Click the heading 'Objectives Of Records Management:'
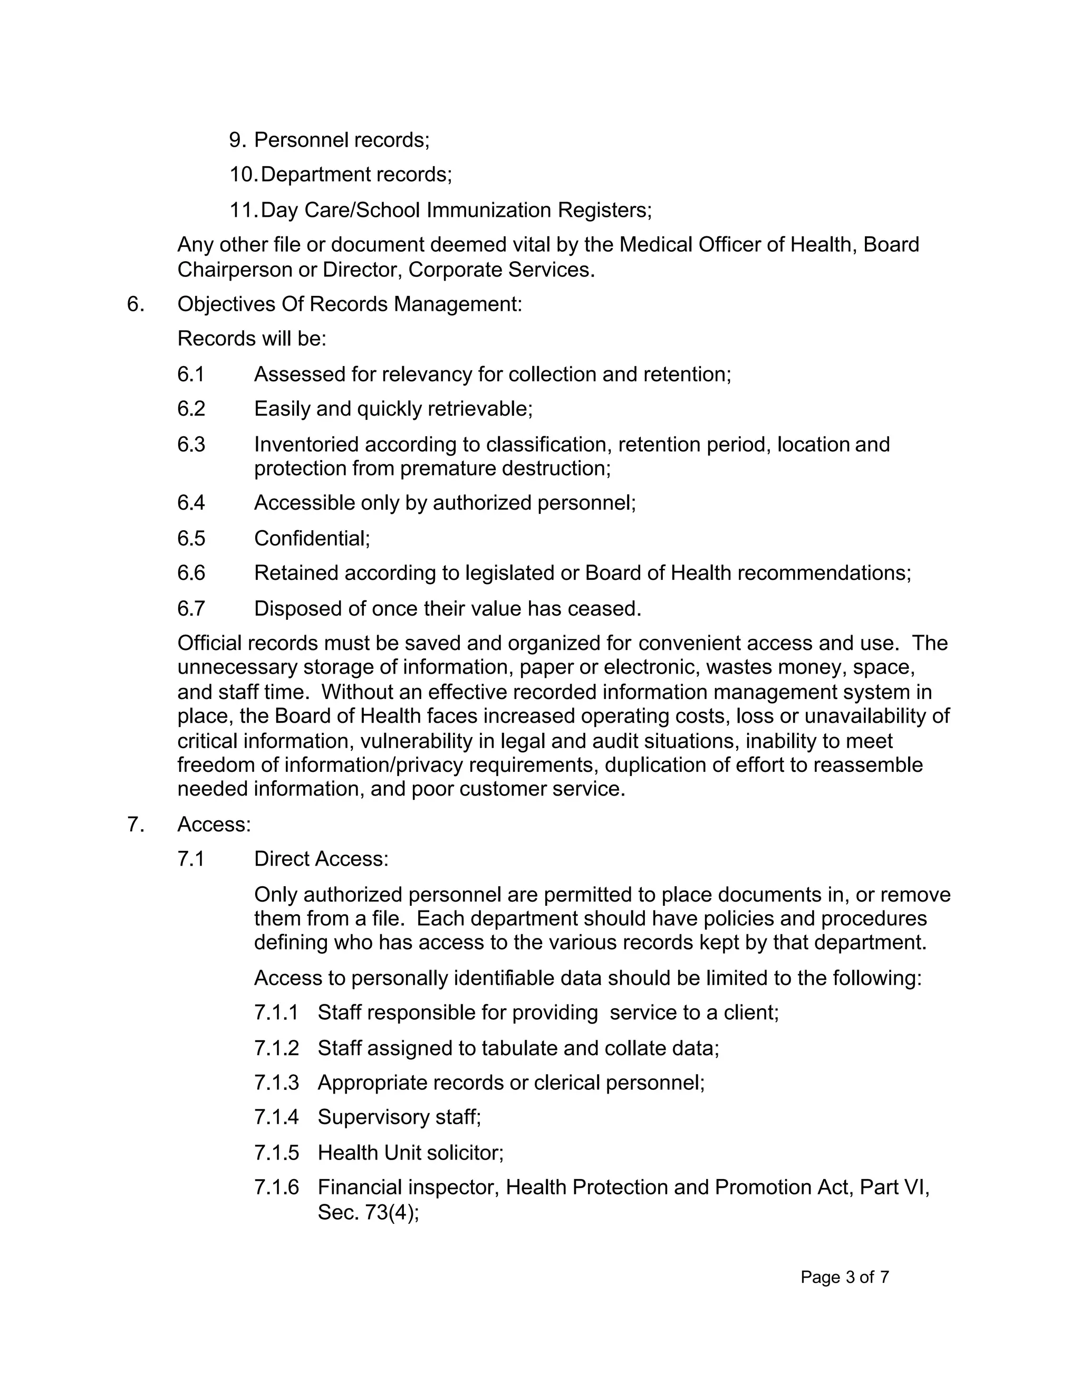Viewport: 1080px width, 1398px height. pos(349,304)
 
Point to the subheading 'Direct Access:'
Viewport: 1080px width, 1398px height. pos(321,858)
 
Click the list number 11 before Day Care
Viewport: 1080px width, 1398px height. pos(243,210)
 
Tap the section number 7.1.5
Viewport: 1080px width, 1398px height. pos(276,1152)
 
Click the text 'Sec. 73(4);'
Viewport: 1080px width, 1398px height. pos(368,1212)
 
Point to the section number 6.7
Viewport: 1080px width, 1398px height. pos(191,608)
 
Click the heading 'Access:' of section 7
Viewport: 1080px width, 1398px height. pos(214,824)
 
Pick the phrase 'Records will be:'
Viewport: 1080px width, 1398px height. pos(252,339)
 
